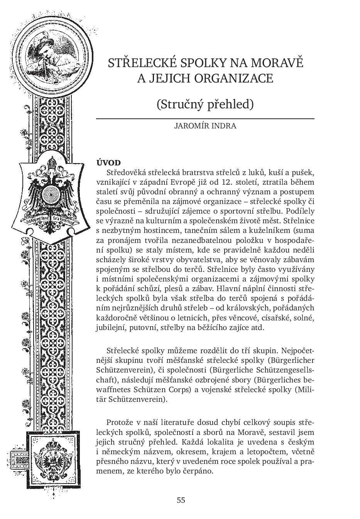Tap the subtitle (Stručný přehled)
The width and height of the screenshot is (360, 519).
(x=205, y=104)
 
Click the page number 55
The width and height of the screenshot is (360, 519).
(x=181, y=500)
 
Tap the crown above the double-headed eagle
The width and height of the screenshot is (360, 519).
(x=51, y=162)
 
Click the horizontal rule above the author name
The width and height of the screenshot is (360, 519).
(x=205, y=118)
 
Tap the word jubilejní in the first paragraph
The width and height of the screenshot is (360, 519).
(x=110, y=328)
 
